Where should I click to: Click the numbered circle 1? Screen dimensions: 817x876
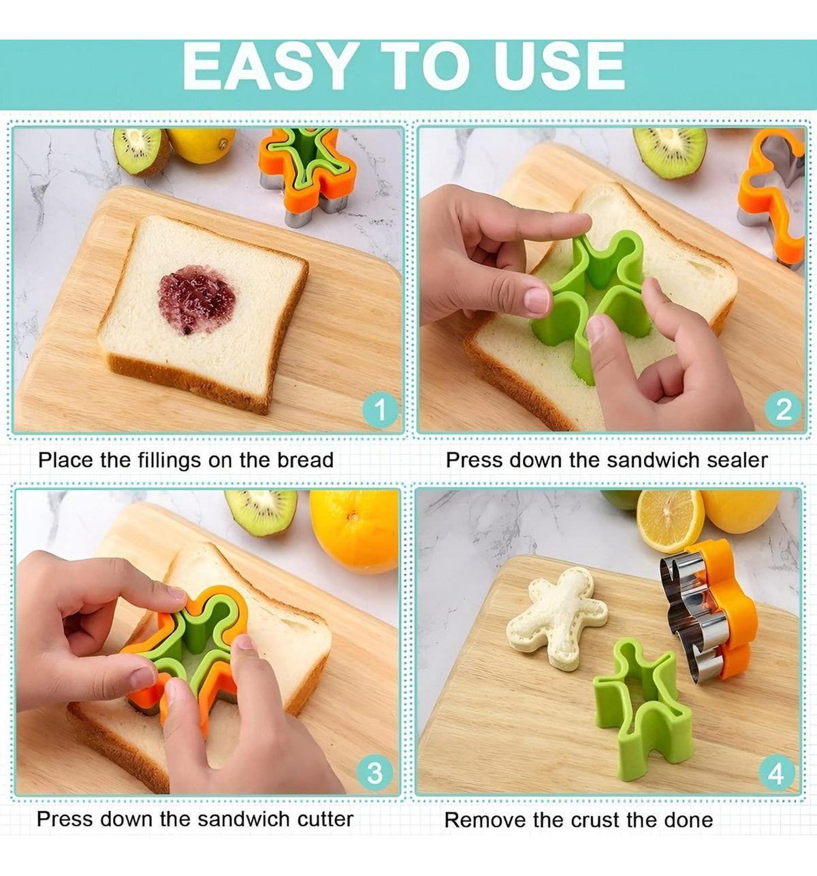tap(381, 409)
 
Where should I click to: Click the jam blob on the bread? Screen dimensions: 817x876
tap(196, 299)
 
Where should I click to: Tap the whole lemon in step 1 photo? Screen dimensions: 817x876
tap(201, 145)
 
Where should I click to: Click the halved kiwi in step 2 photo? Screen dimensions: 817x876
tap(669, 153)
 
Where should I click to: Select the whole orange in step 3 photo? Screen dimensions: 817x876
tap(354, 531)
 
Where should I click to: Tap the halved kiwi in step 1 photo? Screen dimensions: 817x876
tap(141, 151)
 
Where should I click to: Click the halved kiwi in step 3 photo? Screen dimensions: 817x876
tap(261, 512)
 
